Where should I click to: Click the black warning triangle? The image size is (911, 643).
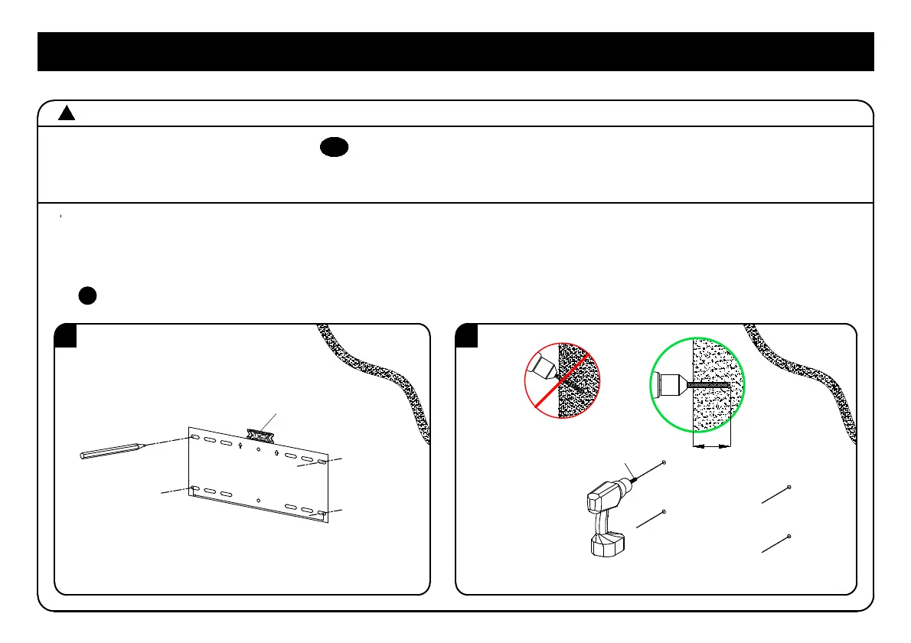67,114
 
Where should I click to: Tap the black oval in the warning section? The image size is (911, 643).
335,149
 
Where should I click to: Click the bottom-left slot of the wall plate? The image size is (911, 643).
197,488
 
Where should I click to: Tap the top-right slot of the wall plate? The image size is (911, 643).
322,462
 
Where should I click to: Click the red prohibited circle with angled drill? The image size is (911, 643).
563,381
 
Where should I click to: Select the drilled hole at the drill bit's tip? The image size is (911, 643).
663,464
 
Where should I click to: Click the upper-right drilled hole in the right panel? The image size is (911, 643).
789,487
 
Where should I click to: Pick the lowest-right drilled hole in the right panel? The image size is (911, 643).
789,536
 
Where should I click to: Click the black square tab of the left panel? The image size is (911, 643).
66,336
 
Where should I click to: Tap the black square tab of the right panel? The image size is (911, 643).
467,336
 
